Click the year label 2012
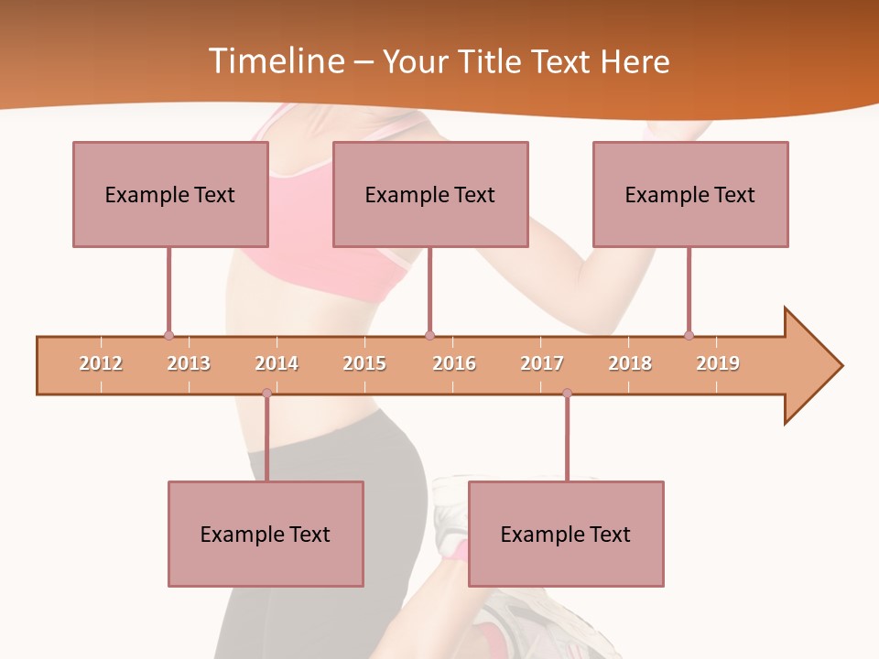click(101, 363)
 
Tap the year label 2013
click(189, 363)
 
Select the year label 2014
click(277, 363)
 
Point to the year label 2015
click(364, 363)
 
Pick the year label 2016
click(454, 363)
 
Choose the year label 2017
click(542, 363)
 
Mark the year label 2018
click(630, 363)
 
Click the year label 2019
click(718, 363)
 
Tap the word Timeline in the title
click(274, 61)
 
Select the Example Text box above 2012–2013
click(170, 194)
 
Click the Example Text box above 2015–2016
click(430, 194)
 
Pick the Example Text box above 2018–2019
click(690, 194)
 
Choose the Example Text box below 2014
click(266, 534)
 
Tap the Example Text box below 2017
click(566, 534)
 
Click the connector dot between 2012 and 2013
click(168, 336)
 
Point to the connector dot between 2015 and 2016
click(429, 336)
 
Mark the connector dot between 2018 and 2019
click(689, 336)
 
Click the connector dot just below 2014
click(266, 394)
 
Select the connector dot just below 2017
click(567, 394)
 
